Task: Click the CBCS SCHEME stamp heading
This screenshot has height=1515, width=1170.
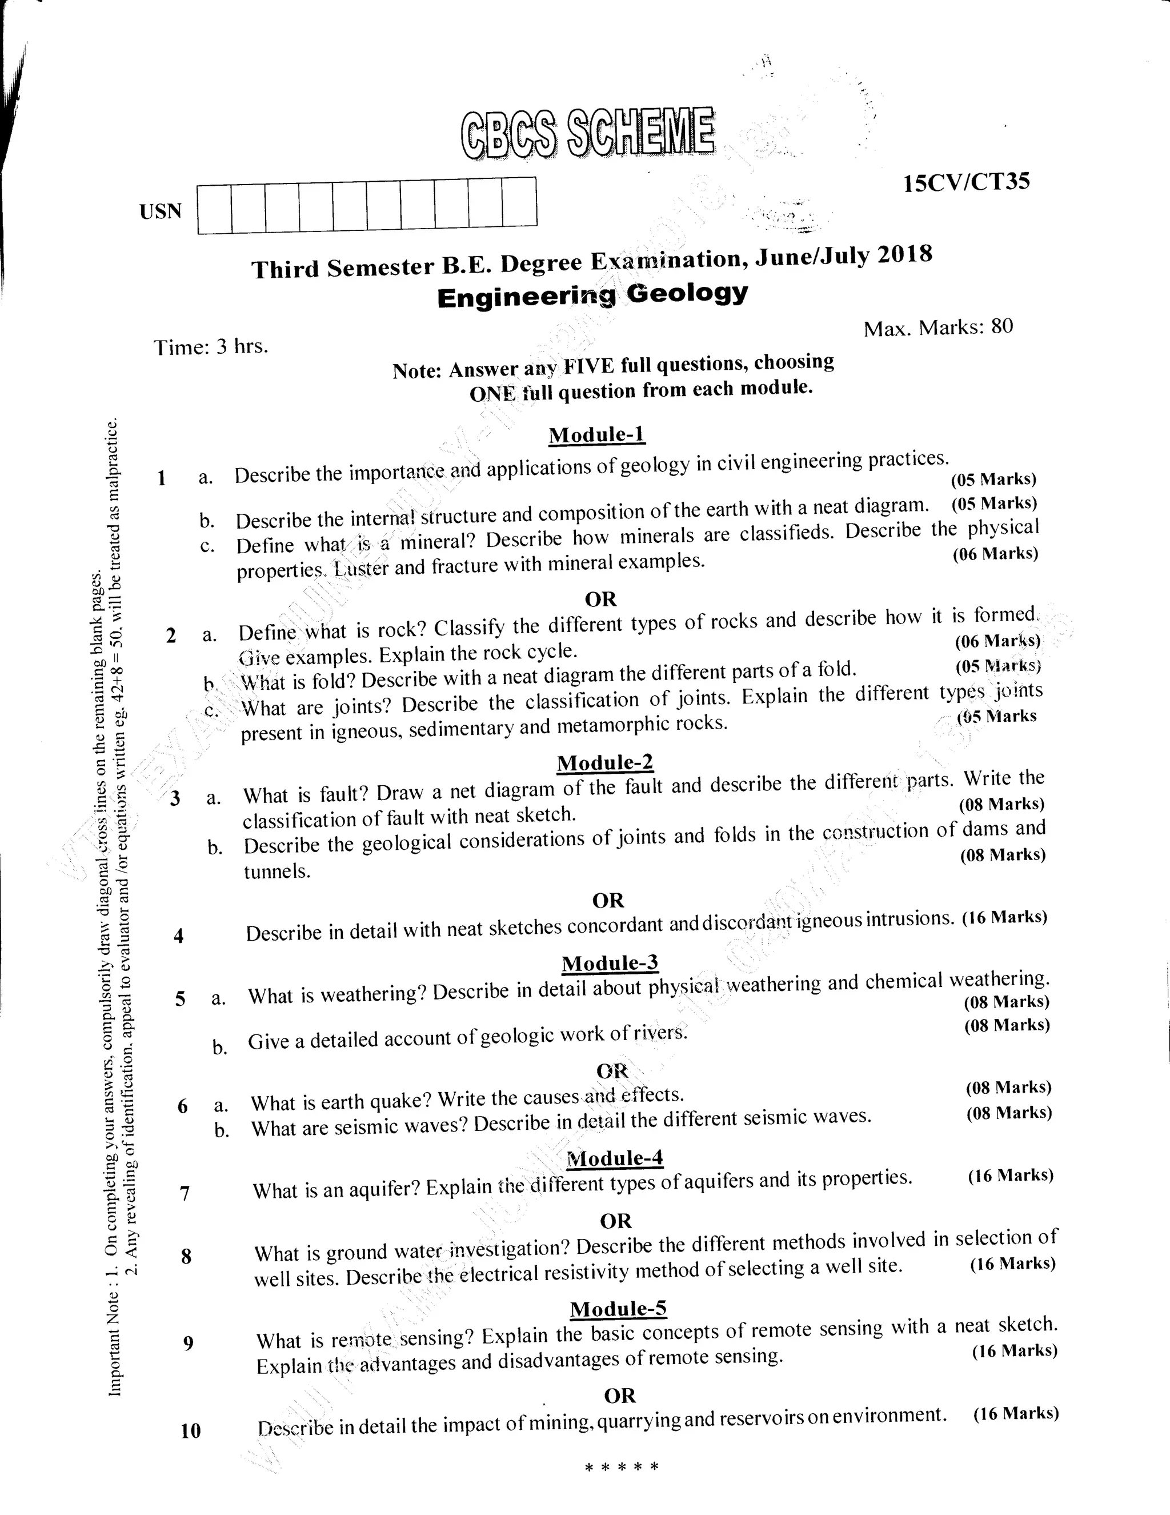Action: point(586,133)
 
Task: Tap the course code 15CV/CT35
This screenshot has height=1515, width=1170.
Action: point(966,182)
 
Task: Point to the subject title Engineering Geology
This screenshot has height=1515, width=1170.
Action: point(592,295)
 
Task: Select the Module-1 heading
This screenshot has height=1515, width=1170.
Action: point(596,435)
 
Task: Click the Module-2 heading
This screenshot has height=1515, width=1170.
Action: point(605,762)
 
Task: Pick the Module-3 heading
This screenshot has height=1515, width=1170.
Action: point(610,964)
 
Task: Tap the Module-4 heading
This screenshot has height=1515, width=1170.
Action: point(615,1159)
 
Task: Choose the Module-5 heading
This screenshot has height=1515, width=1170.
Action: point(618,1309)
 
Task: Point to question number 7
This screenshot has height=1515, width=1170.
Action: point(185,1193)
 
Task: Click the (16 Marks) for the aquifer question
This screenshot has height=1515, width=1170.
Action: point(1011,1175)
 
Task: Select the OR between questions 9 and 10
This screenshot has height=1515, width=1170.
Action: point(619,1395)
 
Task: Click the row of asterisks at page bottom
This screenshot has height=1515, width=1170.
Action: point(622,1467)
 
